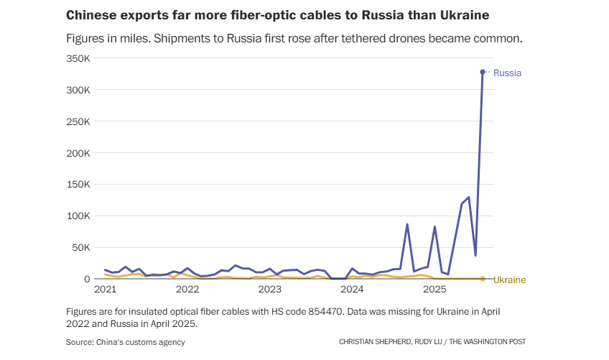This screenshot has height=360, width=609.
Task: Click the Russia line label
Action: point(507,73)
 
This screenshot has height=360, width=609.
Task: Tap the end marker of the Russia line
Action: point(483,72)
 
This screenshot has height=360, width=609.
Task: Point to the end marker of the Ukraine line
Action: point(483,279)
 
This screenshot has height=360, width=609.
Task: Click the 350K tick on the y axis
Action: point(78,59)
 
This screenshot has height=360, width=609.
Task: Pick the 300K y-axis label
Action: point(78,91)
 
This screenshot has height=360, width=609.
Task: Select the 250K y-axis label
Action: point(78,122)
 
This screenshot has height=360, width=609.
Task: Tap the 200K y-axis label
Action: point(78,153)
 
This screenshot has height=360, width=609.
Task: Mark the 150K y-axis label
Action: point(78,185)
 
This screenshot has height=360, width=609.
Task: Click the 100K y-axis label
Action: point(78,216)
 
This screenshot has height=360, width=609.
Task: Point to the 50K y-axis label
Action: point(80,247)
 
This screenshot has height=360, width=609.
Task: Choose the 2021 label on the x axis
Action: point(105,290)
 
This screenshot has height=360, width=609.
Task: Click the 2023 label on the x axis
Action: point(269,290)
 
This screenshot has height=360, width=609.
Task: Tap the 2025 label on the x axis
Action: point(434,290)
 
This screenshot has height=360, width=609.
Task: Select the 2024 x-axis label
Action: point(352,290)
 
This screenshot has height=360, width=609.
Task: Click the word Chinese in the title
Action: point(89,14)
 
